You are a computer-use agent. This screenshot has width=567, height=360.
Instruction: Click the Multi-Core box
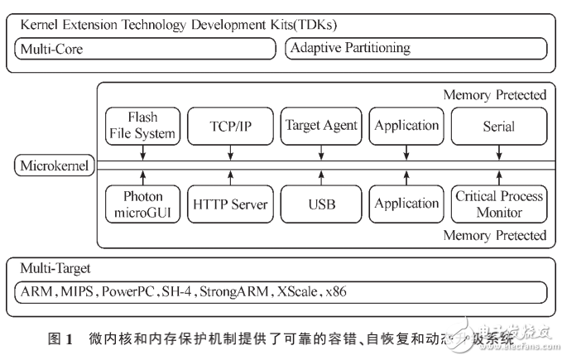pyautogui.click(x=145, y=49)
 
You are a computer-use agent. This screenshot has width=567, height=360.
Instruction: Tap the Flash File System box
pyautogui.click(x=142, y=125)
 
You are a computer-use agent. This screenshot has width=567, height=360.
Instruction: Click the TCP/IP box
pyautogui.click(x=230, y=126)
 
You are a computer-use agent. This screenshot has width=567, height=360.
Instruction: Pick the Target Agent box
pyautogui.click(x=321, y=126)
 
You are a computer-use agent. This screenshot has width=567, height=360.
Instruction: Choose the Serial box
pyautogui.click(x=498, y=126)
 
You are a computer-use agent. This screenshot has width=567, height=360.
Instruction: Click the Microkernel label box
pyautogui.click(x=50, y=166)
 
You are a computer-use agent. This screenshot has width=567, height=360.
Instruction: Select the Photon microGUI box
pyautogui.click(x=142, y=204)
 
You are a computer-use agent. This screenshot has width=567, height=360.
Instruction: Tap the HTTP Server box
pyautogui.click(x=230, y=204)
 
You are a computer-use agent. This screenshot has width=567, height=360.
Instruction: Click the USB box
pyautogui.click(x=321, y=204)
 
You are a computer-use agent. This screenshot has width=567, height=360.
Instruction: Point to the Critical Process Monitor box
pyautogui.click(x=498, y=204)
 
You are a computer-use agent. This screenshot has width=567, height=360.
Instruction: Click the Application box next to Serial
pyautogui.click(x=406, y=126)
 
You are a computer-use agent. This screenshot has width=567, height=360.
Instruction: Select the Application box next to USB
pyautogui.click(x=406, y=204)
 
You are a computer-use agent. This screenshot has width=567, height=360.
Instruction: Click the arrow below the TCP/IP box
pyautogui.click(x=230, y=152)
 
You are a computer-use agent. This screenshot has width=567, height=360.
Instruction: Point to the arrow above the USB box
pyautogui.click(x=321, y=176)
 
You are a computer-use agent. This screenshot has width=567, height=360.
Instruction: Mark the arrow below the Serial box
pyautogui.click(x=498, y=152)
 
